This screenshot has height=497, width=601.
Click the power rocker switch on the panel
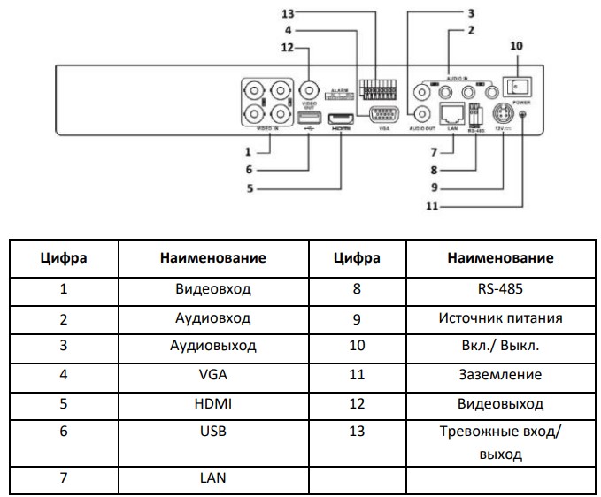[516, 86]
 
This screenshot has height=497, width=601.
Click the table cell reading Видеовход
[212, 288]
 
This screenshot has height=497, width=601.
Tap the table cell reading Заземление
[502, 374]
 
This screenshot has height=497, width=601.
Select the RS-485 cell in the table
[502, 288]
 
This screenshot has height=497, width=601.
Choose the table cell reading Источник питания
[502, 317]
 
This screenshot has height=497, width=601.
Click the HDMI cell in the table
[212, 402]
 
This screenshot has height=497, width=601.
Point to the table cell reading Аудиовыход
[212, 346]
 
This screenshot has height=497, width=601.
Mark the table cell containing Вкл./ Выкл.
[502, 346]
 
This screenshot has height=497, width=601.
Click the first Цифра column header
[64, 258]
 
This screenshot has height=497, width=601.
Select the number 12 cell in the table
[357, 402]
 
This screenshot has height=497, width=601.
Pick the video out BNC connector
[309, 90]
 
